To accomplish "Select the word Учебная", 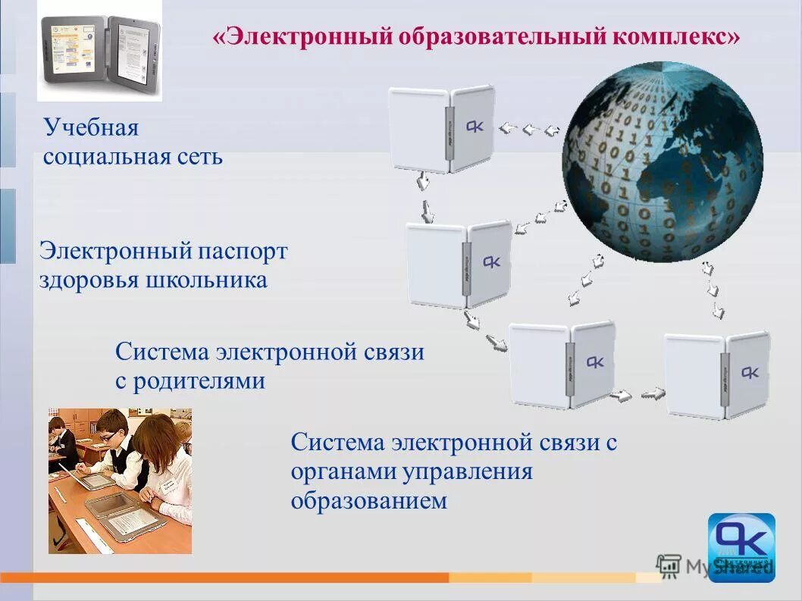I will tap(91, 127).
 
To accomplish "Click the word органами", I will tap(344, 471).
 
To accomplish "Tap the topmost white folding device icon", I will tap(441, 129).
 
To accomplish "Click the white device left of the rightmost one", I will tap(561, 364).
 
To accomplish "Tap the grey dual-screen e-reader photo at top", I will tap(100, 49).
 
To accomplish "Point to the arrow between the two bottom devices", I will tap(638, 394).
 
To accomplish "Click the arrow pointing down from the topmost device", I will tap(421, 184).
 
